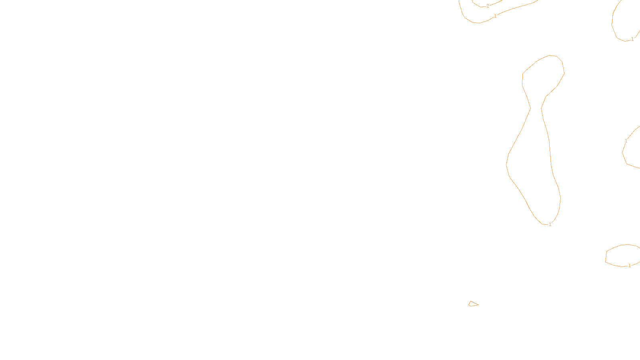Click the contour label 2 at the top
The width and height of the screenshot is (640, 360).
pyautogui.click(x=488, y=6)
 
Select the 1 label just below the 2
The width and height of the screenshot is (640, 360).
pyautogui.click(x=495, y=16)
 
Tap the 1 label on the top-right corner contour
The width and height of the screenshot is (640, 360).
pyautogui.click(x=632, y=39)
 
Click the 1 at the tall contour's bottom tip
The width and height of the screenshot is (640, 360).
pyautogui.click(x=550, y=224)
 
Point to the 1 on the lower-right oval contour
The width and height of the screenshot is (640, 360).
pyautogui.click(x=630, y=266)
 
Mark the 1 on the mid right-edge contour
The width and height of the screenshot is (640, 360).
pyautogui.click(x=626, y=141)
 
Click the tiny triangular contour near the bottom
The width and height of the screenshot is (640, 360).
pyautogui.click(x=473, y=304)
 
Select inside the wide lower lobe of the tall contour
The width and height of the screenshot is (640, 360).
pyautogui.click(x=534, y=172)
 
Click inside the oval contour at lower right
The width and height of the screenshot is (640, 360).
pyautogui.click(x=622, y=255)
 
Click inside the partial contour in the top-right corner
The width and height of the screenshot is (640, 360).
pyautogui.click(x=628, y=20)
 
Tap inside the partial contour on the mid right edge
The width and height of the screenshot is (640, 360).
pyautogui.click(x=634, y=150)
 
